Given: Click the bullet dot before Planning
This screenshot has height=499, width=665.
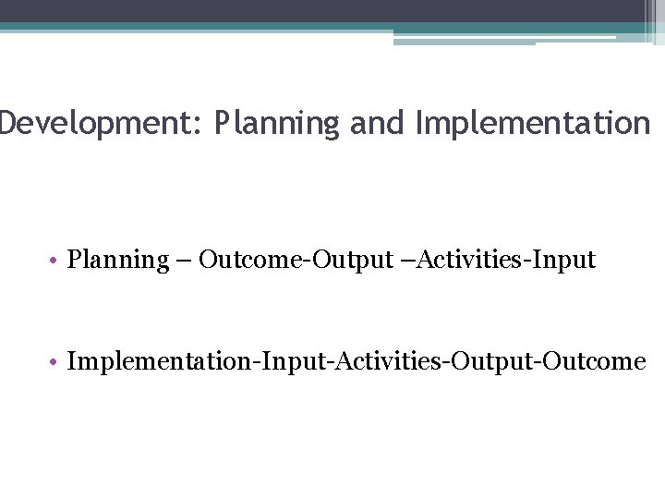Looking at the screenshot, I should pyautogui.click(x=56, y=262).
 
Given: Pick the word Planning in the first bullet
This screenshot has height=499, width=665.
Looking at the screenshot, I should pyautogui.click(x=117, y=261).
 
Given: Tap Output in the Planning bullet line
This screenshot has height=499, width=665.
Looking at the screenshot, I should pyautogui.click(x=353, y=261).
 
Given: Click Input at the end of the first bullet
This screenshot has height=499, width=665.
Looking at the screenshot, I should pyautogui.click(x=565, y=261).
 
